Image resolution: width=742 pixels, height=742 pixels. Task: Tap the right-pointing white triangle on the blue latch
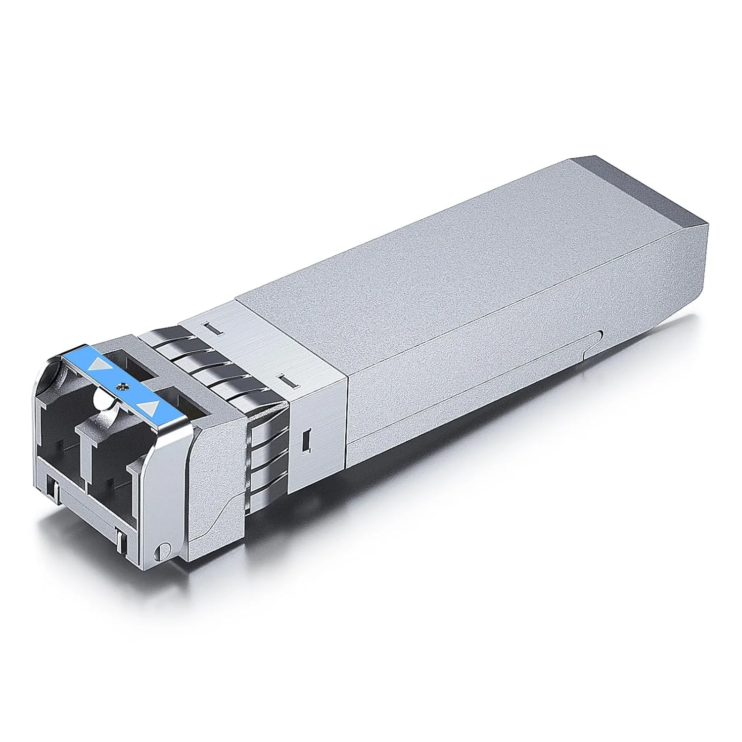pos(149,407)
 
